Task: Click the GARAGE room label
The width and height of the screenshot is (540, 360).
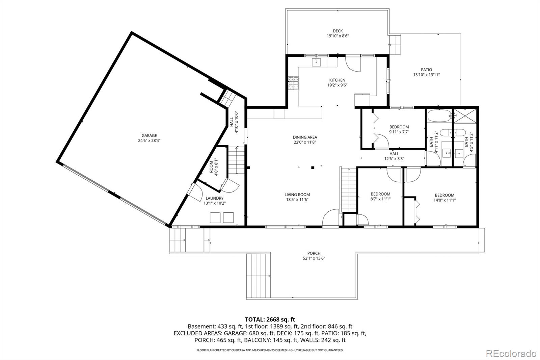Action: click(149, 136)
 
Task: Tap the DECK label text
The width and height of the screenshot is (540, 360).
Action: click(337, 31)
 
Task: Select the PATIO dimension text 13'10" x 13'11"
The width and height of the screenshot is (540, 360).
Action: click(426, 75)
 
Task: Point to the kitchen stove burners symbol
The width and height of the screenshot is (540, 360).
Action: click(293, 83)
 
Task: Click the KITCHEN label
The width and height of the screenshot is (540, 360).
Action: click(337, 80)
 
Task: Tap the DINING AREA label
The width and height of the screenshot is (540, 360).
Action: click(305, 137)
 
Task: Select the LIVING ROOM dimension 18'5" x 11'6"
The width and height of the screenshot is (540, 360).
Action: click(297, 200)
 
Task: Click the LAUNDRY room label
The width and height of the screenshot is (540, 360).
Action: click(214, 198)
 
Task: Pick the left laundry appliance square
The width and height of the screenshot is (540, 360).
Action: click(215, 217)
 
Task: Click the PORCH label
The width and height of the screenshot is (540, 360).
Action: click(314, 253)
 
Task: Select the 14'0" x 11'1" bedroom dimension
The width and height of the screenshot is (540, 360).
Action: click(444, 200)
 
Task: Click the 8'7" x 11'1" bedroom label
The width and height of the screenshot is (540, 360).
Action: click(380, 194)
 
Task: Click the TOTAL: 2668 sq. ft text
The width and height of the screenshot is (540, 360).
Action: click(270, 319)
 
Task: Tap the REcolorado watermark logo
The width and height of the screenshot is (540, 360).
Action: click(511, 353)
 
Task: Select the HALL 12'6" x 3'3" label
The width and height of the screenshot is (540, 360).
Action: click(394, 154)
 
